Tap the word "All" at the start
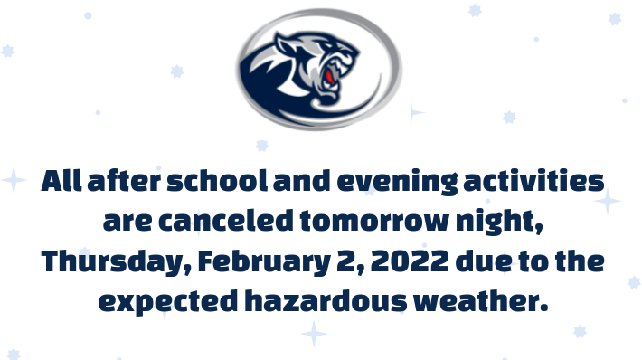coord(62,181)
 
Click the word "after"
coord(122,181)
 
